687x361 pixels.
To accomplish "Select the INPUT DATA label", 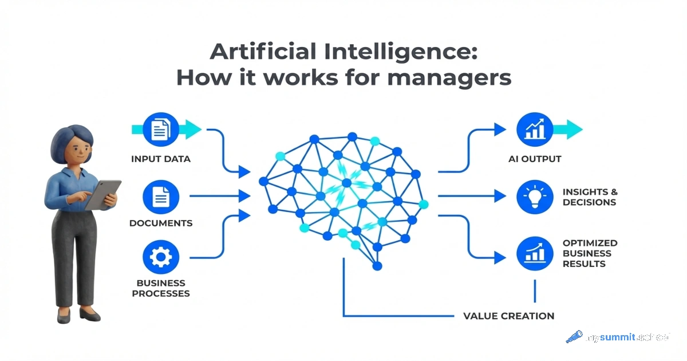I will point(161,159).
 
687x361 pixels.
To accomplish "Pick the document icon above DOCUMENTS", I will point(161,197).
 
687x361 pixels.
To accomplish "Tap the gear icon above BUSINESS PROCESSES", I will point(161,258).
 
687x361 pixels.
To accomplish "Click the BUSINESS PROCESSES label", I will point(161,288).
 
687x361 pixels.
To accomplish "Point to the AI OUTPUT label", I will point(534,159).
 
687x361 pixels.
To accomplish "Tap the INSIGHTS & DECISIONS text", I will point(590,197).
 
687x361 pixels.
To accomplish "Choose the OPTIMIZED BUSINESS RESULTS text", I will point(590,253).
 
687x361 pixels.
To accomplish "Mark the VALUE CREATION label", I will point(508,316).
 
